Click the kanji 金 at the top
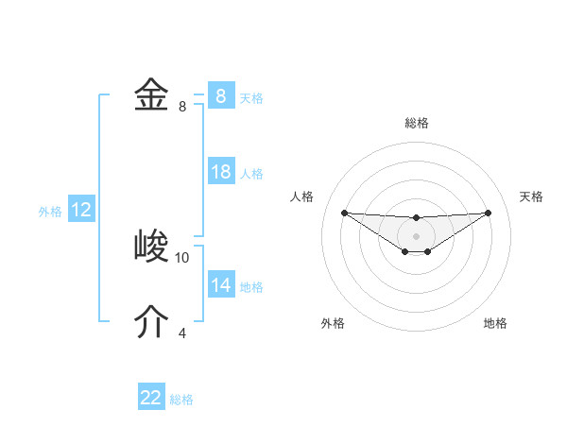(151, 96)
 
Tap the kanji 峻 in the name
(151, 248)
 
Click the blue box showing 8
(220, 96)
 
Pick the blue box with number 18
(220, 173)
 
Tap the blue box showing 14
(220, 285)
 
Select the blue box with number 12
(80, 211)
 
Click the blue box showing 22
(151, 398)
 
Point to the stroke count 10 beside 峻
(182, 257)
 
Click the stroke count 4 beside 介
(182, 333)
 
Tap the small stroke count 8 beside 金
(182, 107)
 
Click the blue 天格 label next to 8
(251, 97)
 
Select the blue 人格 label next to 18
(251, 174)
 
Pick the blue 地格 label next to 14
(251, 286)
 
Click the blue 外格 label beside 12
(50, 212)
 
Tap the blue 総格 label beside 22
(181, 399)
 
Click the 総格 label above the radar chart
(417, 124)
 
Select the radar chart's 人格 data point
(344, 213)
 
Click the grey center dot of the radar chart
(416, 235)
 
